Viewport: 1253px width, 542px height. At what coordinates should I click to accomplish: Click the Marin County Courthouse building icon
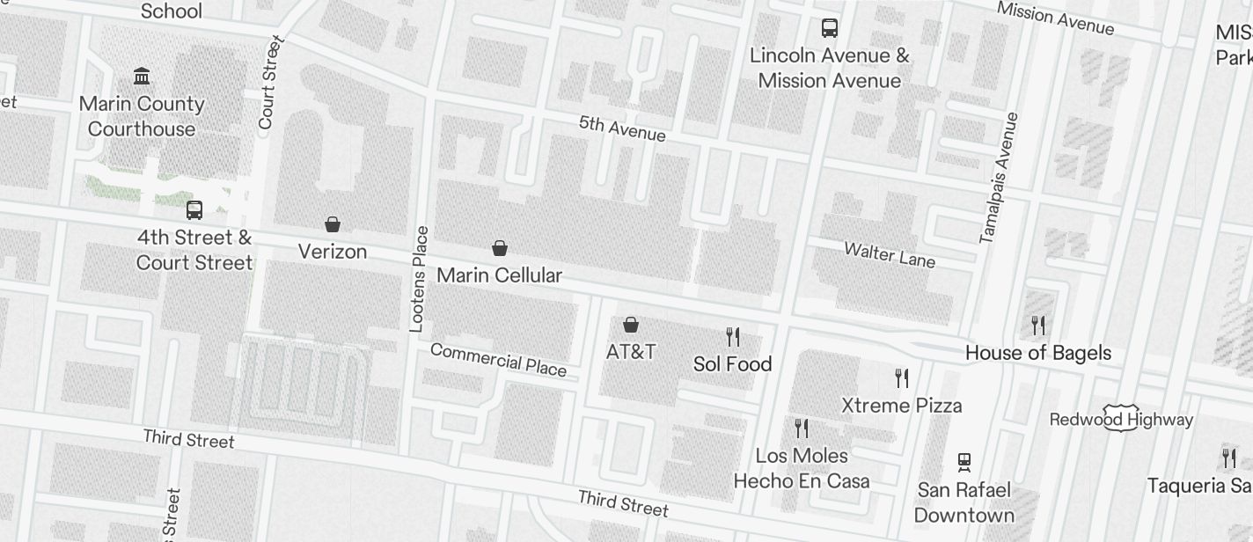pyautogui.click(x=142, y=76)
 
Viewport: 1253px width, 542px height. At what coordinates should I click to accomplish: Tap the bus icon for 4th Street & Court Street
pyautogui.click(x=194, y=210)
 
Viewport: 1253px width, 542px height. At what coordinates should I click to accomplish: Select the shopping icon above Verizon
pyautogui.click(x=333, y=224)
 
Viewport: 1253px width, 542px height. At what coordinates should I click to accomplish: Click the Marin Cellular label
pyautogui.click(x=499, y=275)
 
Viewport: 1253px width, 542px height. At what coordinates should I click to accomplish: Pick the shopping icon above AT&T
pyautogui.click(x=631, y=325)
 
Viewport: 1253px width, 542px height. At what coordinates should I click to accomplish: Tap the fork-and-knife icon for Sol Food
pyautogui.click(x=732, y=336)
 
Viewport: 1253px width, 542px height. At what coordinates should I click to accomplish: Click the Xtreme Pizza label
pyautogui.click(x=902, y=406)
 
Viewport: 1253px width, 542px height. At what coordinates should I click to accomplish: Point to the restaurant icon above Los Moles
pyautogui.click(x=802, y=428)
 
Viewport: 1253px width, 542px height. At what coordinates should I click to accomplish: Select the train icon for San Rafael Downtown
pyautogui.click(x=964, y=462)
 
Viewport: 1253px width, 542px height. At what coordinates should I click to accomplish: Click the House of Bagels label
pyautogui.click(x=1038, y=353)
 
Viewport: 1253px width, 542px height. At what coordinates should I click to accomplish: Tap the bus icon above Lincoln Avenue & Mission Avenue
pyautogui.click(x=830, y=28)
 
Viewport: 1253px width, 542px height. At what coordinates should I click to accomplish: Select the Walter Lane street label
pyautogui.click(x=890, y=255)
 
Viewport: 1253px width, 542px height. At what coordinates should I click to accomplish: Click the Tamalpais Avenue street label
pyautogui.click(x=999, y=178)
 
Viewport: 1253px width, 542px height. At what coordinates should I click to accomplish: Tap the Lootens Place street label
pyautogui.click(x=420, y=279)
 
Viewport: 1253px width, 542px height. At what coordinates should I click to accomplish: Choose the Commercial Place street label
pyautogui.click(x=498, y=359)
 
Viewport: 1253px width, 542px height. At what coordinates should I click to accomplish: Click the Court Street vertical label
pyautogui.click(x=268, y=83)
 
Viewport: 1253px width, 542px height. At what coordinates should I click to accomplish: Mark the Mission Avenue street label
pyautogui.click(x=1056, y=18)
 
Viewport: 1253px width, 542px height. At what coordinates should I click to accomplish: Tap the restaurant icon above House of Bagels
pyautogui.click(x=1038, y=326)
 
